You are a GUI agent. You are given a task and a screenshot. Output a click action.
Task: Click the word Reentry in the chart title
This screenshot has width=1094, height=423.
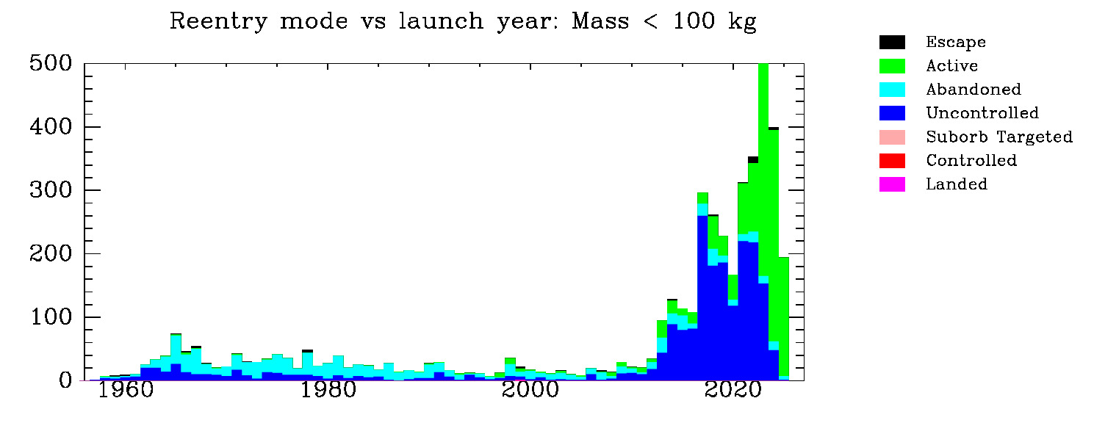[218, 22]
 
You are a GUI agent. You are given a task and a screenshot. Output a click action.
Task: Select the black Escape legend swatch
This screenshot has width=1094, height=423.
[892, 43]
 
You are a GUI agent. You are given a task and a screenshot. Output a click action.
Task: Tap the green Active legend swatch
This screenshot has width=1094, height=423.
[892, 66]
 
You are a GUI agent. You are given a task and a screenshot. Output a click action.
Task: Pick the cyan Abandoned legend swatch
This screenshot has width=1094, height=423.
[892, 90]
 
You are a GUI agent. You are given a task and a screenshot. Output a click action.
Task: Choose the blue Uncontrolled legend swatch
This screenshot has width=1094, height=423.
[892, 113]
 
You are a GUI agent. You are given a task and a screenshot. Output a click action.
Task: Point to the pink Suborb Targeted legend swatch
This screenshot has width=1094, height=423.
[892, 137]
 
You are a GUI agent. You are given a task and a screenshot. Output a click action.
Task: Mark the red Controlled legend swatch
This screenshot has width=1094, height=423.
[892, 161]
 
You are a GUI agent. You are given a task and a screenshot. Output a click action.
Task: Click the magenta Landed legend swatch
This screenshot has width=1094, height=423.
[892, 184]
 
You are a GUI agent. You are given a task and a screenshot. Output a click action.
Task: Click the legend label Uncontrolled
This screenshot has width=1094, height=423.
[982, 113]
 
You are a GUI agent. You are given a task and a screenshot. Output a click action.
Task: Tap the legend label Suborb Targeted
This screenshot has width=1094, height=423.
[999, 137]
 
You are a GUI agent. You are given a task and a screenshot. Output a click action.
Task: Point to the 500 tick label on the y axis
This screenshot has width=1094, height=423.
[51, 63]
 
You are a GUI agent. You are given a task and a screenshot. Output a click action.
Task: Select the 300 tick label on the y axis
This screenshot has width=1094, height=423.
[51, 190]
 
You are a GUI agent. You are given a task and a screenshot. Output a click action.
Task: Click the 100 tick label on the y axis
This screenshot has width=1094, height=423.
[51, 317]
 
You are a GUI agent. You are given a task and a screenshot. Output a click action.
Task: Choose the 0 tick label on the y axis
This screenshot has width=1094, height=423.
[65, 380]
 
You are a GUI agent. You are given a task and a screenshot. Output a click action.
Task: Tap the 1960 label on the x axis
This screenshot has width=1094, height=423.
[126, 390]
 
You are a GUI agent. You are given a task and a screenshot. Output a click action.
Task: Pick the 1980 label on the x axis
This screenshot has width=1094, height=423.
[328, 390]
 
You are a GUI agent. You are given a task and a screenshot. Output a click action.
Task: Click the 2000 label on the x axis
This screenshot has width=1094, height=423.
[530, 390]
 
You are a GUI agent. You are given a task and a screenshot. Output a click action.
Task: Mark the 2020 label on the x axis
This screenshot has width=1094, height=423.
[733, 390]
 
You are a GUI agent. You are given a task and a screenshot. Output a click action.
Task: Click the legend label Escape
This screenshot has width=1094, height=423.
[956, 43]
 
